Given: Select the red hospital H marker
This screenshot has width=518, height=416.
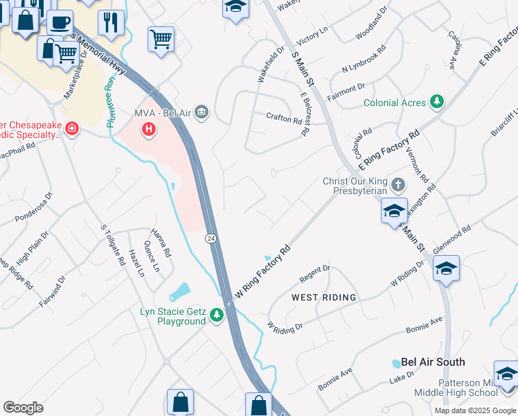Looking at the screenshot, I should (148, 128).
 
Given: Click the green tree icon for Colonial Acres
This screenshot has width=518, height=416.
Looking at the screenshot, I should (436, 103).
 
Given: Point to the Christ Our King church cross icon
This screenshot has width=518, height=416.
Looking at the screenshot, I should (398, 185).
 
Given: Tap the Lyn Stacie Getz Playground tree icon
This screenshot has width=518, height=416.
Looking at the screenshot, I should (217, 315).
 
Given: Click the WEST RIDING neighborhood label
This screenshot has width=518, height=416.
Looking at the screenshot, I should (323, 297).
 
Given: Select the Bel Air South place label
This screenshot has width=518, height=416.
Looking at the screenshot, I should (433, 362).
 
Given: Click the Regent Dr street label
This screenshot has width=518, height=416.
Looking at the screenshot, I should (315, 273).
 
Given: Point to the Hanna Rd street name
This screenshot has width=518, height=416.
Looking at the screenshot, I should (161, 244).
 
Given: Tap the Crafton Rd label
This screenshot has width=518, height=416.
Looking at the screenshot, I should (285, 118).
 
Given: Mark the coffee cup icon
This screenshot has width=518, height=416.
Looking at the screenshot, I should (60, 21).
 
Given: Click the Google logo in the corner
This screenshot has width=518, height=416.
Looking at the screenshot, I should (23, 408).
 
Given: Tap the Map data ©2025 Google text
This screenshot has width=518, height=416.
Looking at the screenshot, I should (475, 410).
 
